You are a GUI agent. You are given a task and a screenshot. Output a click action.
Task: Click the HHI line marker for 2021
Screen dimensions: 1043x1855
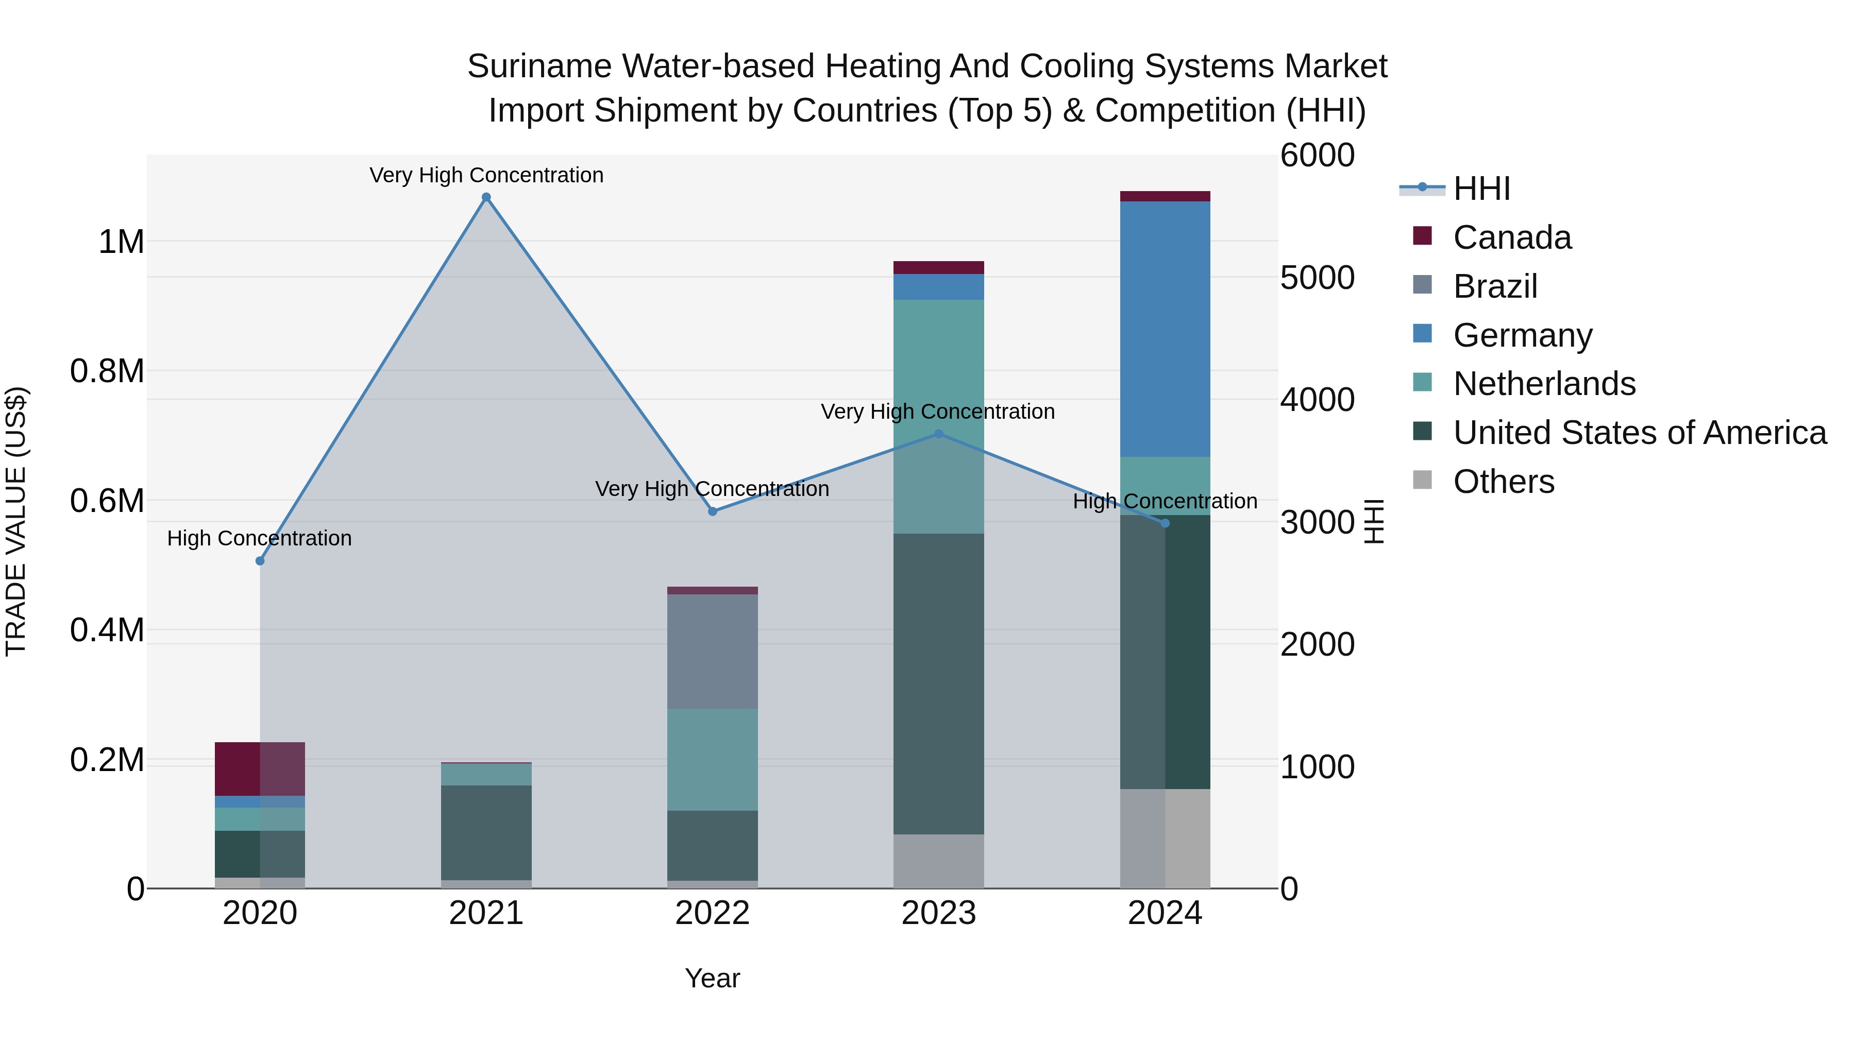click(486, 197)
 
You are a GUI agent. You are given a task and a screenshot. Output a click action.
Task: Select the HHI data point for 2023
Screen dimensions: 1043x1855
click(938, 434)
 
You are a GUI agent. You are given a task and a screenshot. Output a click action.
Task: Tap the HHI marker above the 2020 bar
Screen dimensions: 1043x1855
click(260, 561)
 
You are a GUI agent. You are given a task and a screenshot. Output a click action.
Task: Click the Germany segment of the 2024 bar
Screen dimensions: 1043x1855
click(1165, 329)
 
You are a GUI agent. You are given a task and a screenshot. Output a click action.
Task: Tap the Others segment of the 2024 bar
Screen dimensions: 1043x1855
click(1165, 838)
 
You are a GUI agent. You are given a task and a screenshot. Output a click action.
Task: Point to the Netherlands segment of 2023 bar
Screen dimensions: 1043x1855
click(938, 360)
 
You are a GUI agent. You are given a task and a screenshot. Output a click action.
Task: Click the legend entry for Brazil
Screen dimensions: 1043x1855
click(1494, 286)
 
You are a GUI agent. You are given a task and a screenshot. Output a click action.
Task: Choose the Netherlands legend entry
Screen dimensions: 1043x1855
click(1543, 384)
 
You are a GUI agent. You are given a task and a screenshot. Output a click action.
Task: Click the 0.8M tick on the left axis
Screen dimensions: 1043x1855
click(107, 371)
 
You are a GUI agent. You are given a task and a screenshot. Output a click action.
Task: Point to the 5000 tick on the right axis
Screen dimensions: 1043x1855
click(1317, 278)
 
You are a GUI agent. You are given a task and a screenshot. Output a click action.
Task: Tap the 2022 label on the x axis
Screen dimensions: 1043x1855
click(712, 913)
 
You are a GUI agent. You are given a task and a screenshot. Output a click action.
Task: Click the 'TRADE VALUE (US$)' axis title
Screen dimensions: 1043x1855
click(16, 521)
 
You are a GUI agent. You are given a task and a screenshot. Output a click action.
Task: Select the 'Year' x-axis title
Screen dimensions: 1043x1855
click(712, 978)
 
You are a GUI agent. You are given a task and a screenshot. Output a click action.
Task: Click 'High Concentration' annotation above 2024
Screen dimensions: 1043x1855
click(1165, 501)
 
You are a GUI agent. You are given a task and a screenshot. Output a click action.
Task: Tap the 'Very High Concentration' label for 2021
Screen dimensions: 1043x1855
click(486, 175)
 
